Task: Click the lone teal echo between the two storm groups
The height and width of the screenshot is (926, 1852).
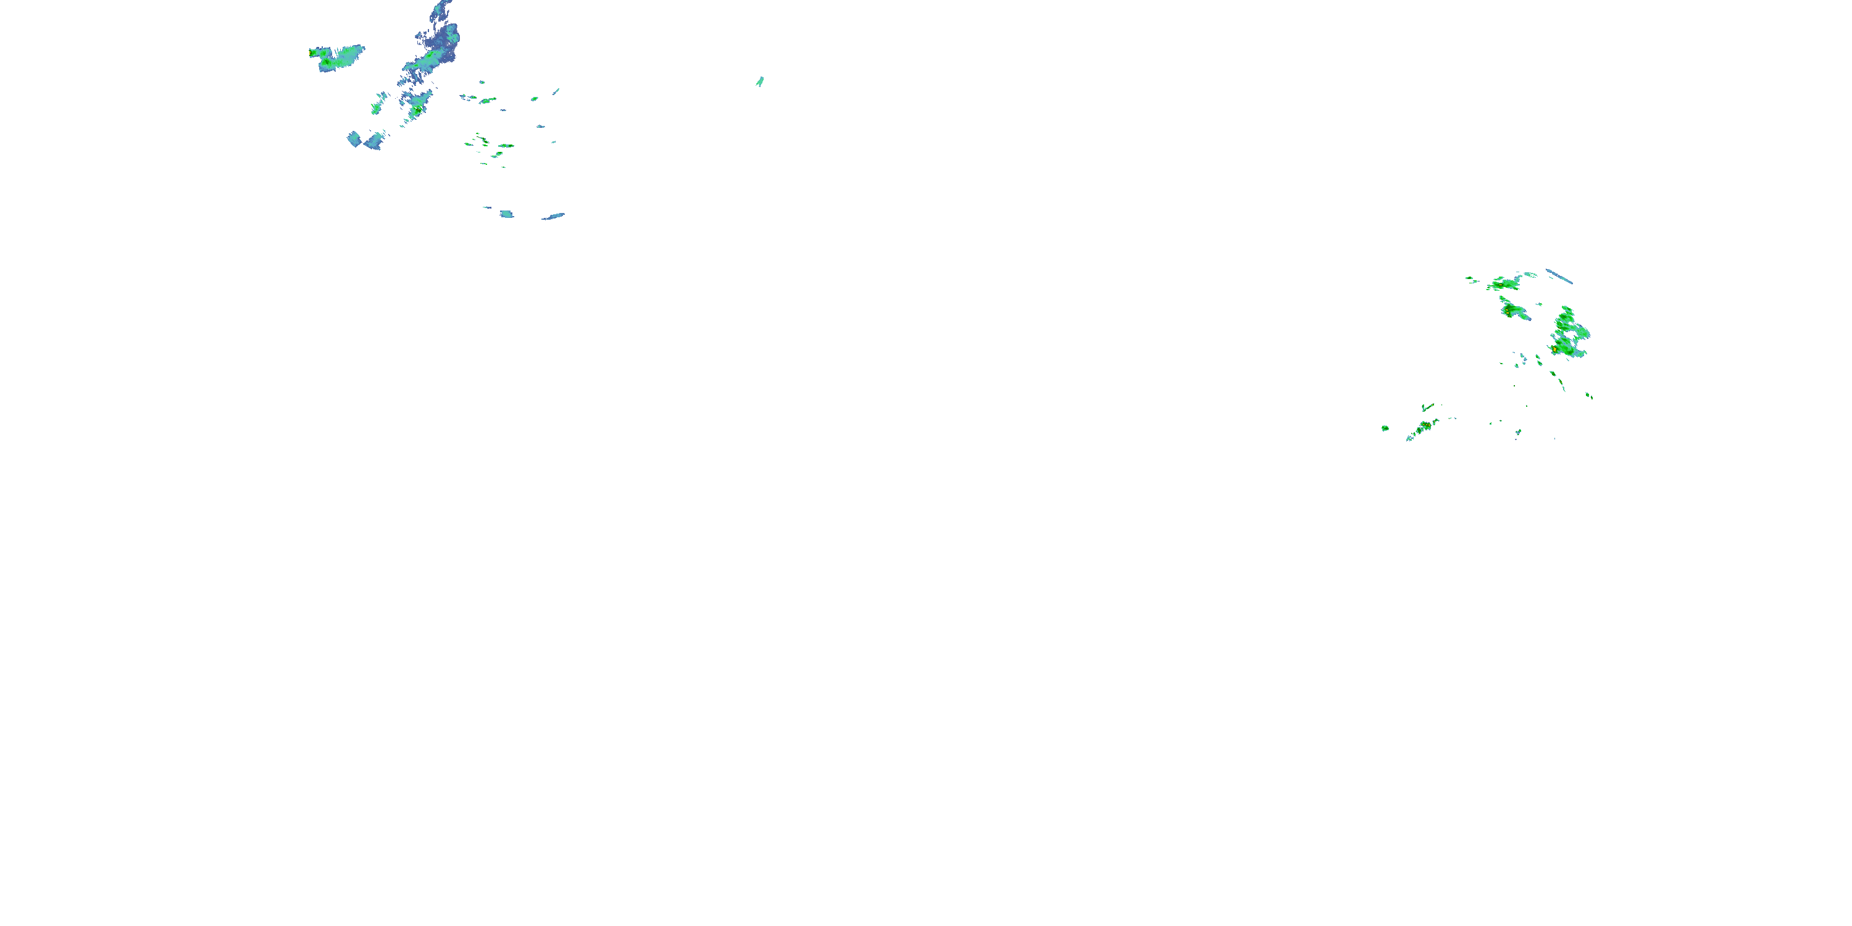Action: tap(760, 81)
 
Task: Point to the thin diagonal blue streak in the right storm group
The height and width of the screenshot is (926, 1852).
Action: tap(1559, 276)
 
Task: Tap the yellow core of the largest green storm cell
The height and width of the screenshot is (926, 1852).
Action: tap(1555, 349)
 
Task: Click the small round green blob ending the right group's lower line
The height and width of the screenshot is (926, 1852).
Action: tap(1385, 428)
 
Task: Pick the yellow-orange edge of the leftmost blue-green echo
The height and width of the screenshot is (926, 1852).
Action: tap(311, 52)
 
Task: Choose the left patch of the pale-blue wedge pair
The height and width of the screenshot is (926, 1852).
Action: tap(354, 139)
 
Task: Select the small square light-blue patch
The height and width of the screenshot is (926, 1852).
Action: tap(507, 214)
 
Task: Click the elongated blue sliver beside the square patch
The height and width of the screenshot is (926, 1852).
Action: tap(554, 215)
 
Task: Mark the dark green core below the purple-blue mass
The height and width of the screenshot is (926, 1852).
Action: tap(416, 109)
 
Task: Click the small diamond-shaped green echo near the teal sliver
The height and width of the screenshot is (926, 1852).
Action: tap(534, 99)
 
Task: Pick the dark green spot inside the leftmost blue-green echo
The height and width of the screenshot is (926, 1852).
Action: tap(328, 63)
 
